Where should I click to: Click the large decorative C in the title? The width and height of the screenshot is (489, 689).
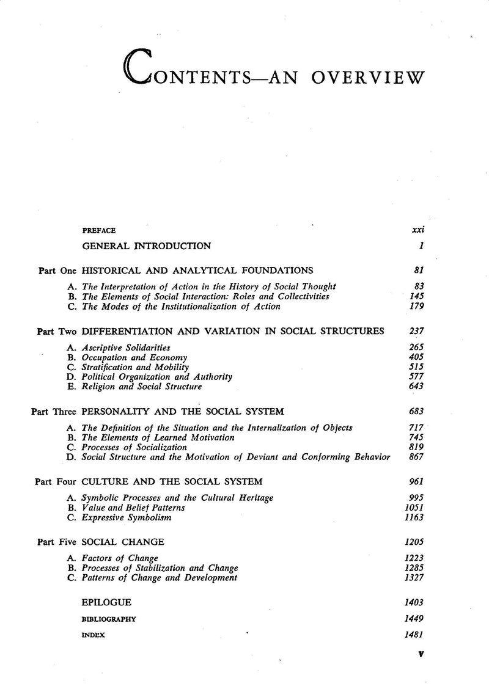pyautogui.click(x=140, y=67)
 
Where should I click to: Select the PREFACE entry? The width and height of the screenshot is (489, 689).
pyautogui.click(x=99, y=231)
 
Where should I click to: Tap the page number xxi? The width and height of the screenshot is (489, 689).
pyautogui.click(x=419, y=231)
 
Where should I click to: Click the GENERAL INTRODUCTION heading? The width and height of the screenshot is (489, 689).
pyautogui.click(x=147, y=246)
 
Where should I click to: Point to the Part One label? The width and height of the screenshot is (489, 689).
pyautogui.click(x=56, y=270)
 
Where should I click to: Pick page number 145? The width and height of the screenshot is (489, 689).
pyautogui.click(x=417, y=296)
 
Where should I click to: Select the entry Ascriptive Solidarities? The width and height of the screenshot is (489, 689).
pyautogui.click(x=126, y=347)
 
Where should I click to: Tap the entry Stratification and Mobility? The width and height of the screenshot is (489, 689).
pyautogui.click(x=133, y=367)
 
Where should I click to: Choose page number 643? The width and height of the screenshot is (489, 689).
pyautogui.click(x=417, y=387)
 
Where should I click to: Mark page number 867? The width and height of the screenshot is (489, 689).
pyautogui.click(x=417, y=458)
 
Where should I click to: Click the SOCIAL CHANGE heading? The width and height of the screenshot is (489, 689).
pyautogui.click(x=123, y=542)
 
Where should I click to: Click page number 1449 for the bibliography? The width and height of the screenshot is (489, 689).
pyautogui.click(x=414, y=619)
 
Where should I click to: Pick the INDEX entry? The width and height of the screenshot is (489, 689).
pyautogui.click(x=94, y=635)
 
